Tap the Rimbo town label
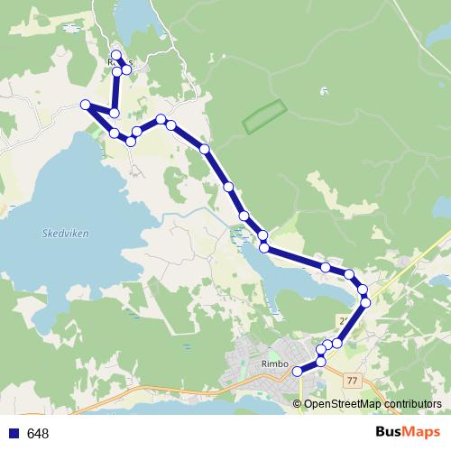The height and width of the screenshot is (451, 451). coord(273,364)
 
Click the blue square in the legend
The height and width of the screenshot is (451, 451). coord(14,434)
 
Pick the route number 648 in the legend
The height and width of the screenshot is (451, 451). coord(38,434)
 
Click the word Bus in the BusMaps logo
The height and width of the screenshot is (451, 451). coord(391,433)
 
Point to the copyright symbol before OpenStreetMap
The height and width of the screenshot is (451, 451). coord(298,404)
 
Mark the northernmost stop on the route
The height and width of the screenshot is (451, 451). coord(116,55)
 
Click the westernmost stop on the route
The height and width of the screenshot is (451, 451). coord(86,105)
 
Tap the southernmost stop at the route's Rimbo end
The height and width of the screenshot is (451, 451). coord(298,371)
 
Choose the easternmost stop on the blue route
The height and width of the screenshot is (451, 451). coord(365,301)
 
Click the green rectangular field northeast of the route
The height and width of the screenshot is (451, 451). coord(264,117)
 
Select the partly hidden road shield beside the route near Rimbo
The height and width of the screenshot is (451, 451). coord(344,320)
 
